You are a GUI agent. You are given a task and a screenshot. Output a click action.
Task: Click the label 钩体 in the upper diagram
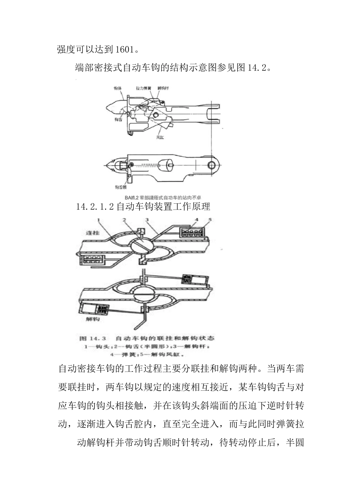click(118, 88)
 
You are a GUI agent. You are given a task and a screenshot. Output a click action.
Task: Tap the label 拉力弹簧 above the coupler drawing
click(144, 88)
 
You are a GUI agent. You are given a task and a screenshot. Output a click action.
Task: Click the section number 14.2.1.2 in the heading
click(95, 207)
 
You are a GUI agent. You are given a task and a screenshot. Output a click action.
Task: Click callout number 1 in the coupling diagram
click(98, 220)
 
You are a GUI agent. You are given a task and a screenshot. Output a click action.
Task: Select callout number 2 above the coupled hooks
click(124, 220)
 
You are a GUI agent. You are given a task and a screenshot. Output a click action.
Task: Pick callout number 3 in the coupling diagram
click(147, 220)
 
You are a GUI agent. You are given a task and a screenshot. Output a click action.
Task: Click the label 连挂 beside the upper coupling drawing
click(92, 233)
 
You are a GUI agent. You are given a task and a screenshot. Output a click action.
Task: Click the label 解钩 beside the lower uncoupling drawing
click(92, 319)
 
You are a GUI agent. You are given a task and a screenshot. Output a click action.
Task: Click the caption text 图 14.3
click(93, 338)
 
